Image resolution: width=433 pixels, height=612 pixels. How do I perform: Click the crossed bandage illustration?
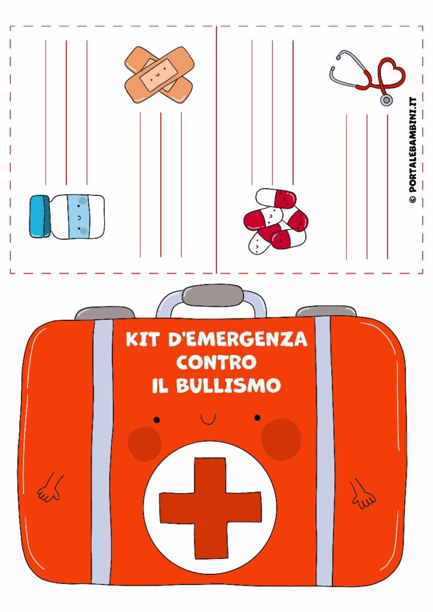tap(159, 75)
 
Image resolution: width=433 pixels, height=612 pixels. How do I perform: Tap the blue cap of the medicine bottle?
tap(40, 216)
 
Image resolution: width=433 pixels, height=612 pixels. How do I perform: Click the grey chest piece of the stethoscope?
tap(386, 100)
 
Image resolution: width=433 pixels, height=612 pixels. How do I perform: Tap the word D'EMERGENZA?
tap(238, 339)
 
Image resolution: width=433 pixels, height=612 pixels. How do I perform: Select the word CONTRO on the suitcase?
tap(216, 363)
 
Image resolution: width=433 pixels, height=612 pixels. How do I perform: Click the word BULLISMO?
tap(228, 385)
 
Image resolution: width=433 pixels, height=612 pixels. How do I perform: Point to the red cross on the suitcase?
tap(211, 508)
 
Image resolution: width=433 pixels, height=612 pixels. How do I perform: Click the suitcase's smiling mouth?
tap(208, 420)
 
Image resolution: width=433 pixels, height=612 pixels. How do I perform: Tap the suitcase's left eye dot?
tap(157, 420)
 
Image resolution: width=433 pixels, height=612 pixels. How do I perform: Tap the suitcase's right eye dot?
tap(257, 418)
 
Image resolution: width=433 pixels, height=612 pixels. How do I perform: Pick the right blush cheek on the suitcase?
tap(281, 439)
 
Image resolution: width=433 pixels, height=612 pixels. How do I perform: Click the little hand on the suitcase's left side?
tap(50, 488)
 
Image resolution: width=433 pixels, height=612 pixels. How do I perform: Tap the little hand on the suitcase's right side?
tap(362, 494)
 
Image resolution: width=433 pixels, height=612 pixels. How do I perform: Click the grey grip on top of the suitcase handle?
tap(213, 295)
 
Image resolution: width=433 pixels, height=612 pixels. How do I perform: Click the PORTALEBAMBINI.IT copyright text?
tap(413, 150)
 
